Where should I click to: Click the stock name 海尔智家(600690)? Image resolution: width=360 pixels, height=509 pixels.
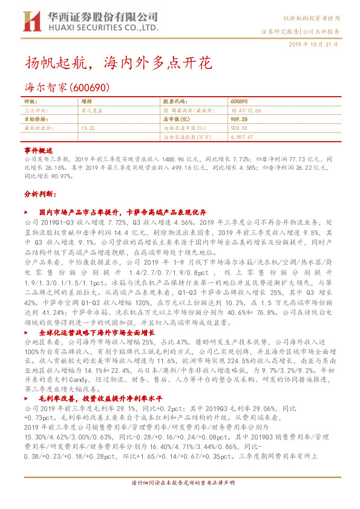pos(67,87)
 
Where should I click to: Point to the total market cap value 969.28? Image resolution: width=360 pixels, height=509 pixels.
pos(240,119)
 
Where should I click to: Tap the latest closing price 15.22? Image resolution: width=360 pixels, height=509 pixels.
pos(87,128)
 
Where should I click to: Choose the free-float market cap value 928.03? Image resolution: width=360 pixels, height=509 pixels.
pos(239,128)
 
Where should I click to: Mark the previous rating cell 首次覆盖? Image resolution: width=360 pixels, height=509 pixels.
pos(91,111)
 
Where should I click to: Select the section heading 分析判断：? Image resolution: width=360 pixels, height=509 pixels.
pos(41,195)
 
